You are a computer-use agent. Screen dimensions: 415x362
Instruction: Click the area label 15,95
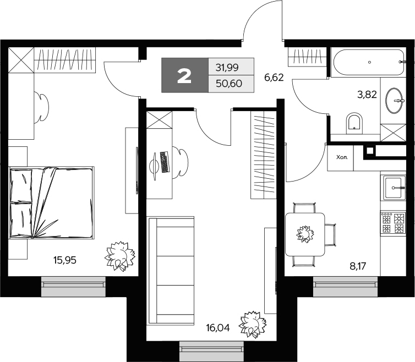65,260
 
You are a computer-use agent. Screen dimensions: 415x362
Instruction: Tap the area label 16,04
218,328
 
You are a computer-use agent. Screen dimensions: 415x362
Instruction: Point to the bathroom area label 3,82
367,94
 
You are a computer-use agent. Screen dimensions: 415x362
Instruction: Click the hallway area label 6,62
274,78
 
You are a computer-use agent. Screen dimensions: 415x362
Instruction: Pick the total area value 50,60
229,84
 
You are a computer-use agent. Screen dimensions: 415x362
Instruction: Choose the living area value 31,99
227,68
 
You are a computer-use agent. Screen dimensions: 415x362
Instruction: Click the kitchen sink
394,188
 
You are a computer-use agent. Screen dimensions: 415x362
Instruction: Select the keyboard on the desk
165,162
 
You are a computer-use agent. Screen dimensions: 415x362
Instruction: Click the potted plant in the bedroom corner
121,256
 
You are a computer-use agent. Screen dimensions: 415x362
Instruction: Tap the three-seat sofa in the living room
171,270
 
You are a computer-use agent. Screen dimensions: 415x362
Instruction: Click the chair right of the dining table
331,235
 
